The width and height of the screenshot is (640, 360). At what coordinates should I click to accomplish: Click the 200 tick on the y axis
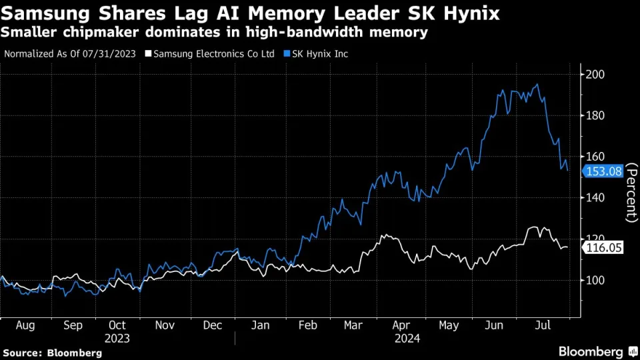(595, 75)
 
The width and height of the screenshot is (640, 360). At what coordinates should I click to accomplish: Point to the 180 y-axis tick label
(595, 116)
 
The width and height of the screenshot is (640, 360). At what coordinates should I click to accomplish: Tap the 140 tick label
(595, 198)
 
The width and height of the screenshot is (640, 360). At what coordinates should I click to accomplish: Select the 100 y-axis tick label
(595, 280)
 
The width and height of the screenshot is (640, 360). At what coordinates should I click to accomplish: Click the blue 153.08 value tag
(603, 171)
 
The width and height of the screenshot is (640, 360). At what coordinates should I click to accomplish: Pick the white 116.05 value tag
(603, 247)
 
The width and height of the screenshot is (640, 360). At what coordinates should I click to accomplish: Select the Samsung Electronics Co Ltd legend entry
(215, 54)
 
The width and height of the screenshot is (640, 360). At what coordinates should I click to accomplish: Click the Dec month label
(212, 325)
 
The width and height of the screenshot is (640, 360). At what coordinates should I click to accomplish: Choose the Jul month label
(545, 325)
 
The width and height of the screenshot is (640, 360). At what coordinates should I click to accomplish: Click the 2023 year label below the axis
(117, 338)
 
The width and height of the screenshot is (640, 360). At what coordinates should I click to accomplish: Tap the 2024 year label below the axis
(406, 338)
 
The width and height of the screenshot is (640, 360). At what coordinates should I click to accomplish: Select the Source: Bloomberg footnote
(53, 352)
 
